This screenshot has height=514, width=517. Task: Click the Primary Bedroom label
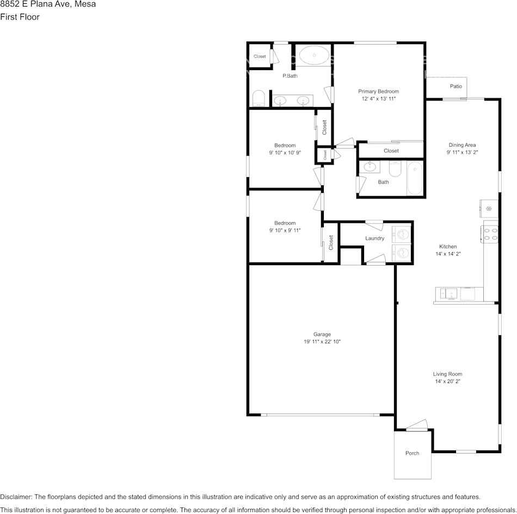point(378,91)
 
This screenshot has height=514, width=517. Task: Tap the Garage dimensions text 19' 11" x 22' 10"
point(322,342)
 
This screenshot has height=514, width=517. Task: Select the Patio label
point(456,86)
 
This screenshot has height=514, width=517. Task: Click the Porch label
point(412,453)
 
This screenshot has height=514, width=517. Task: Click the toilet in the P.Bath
point(258,98)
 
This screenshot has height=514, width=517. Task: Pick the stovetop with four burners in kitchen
point(490,234)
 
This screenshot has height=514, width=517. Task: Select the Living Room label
point(447,374)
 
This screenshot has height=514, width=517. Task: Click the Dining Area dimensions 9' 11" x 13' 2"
point(462,153)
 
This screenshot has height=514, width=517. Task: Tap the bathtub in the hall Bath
point(415,178)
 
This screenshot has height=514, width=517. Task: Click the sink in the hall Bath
point(370,167)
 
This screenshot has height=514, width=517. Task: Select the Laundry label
point(374,238)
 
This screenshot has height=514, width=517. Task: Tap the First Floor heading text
point(20,17)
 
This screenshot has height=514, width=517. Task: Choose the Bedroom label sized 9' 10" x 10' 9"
point(285,145)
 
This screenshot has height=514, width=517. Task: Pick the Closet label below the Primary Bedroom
point(391,151)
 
